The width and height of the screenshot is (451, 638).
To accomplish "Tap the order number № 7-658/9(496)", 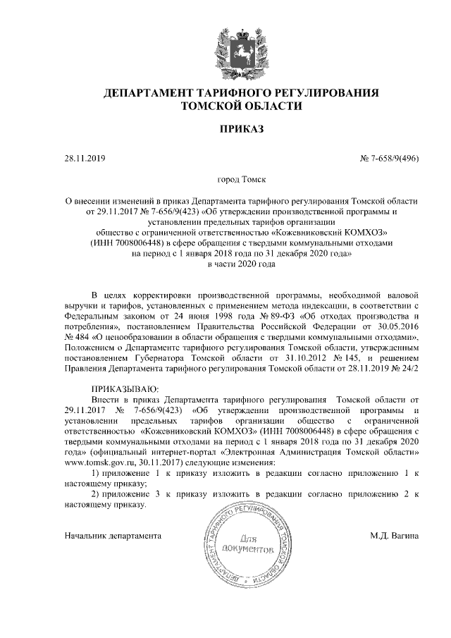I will tap(390, 159).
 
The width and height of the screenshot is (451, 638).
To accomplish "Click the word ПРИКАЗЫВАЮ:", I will tap(127, 389).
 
